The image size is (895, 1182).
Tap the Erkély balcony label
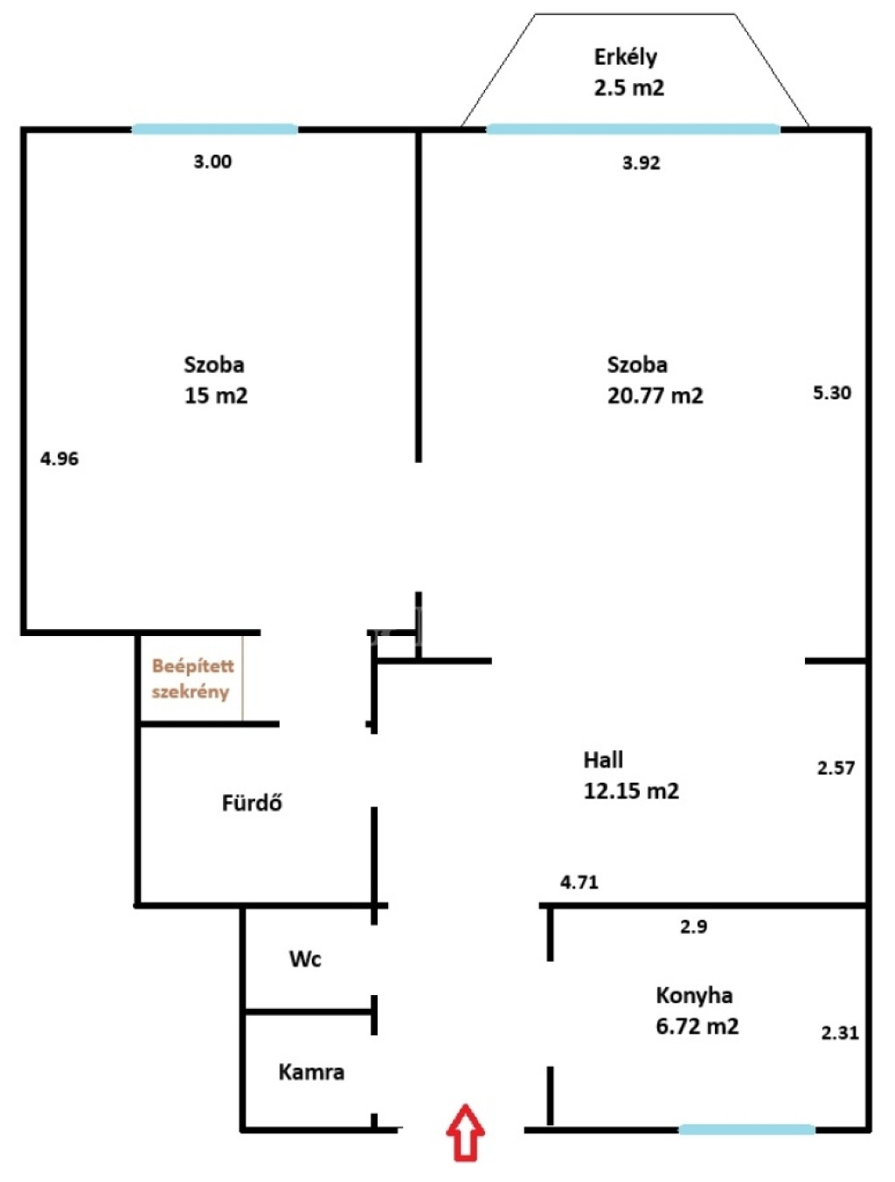[626, 57]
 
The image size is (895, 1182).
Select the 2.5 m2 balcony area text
[629, 87]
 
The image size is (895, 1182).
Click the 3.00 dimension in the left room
[212, 162]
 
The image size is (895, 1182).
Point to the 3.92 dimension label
[641, 162]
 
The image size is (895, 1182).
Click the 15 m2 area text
[216, 396]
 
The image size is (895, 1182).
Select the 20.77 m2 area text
[655, 396]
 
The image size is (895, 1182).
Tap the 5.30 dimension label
[832, 392]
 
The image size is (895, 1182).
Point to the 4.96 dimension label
[59, 459]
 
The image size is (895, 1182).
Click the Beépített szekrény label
[193, 679]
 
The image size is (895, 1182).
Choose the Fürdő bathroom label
[252, 803]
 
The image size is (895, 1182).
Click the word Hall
[603, 760]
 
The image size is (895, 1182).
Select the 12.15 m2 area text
[631, 791]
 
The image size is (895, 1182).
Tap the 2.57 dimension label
[836, 767]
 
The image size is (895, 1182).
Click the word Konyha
[694, 996]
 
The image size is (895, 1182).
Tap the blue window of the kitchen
[746, 1130]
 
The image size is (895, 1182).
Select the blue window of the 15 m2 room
[215, 128]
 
